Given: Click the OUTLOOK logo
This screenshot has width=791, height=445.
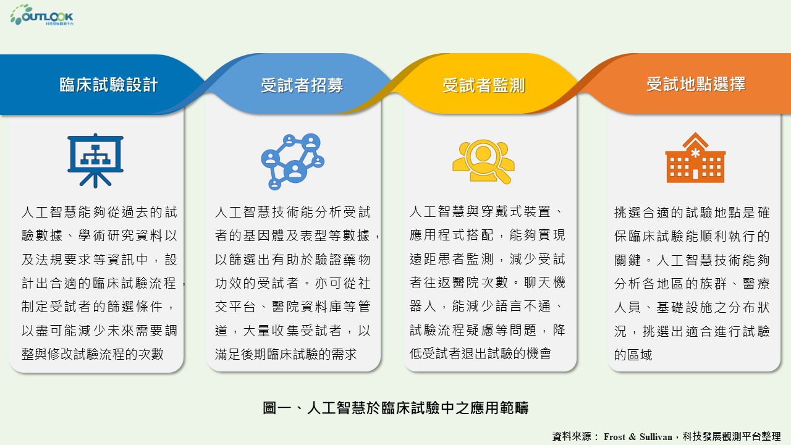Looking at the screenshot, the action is pyautogui.click(x=41, y=15).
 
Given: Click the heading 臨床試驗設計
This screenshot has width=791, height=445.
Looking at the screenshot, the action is pyautogui.click(x=109, y=85).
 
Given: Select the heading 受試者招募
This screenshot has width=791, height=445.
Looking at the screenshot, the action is pyautogui.click(x=302, y=85).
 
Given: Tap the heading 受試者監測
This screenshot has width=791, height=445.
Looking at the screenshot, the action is pyautogui.click(x=484, y=85).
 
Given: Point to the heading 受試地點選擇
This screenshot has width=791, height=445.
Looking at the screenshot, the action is pyautogui.click(x=696, y=84).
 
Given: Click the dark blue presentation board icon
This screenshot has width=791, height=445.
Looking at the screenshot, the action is pyautogui.click(x=95, y=160).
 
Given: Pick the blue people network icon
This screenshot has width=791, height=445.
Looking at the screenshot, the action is pyautogui.click(x=293, y=161).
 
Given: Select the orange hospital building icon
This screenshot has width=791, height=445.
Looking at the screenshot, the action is pyautogui.click(x=695, y=158).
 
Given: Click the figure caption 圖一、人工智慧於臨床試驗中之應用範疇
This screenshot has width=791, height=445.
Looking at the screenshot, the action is pyautogui.click(x=395, y=407).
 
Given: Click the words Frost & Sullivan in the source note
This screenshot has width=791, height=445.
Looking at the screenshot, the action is pyautogui.click(x=638, y=437).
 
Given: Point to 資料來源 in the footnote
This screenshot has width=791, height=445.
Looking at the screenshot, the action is pyautogui.click(x=572, y=436).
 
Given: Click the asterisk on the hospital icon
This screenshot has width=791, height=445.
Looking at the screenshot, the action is pyautogui.click(x=695, y=154).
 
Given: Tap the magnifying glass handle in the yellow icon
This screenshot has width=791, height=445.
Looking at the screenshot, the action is pyautogui.click(x=504, y=177).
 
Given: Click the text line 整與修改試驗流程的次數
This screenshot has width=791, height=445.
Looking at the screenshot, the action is pyautogui.click(x=93, y=354).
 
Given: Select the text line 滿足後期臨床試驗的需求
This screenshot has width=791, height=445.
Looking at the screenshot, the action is pyautogui.click(x=286, y=354).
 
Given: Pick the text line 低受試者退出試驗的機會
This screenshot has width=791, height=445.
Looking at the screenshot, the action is pyautogui.click(x=481, y=353).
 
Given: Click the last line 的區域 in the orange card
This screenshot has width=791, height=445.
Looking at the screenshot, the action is pyautogui.click(x=633, y=355).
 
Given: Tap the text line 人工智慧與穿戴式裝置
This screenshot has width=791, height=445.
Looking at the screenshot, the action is pyautogui.click(x=480, y=211).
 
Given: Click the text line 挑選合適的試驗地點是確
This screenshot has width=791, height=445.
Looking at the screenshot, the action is pyautogui.click(x=692, y=213).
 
